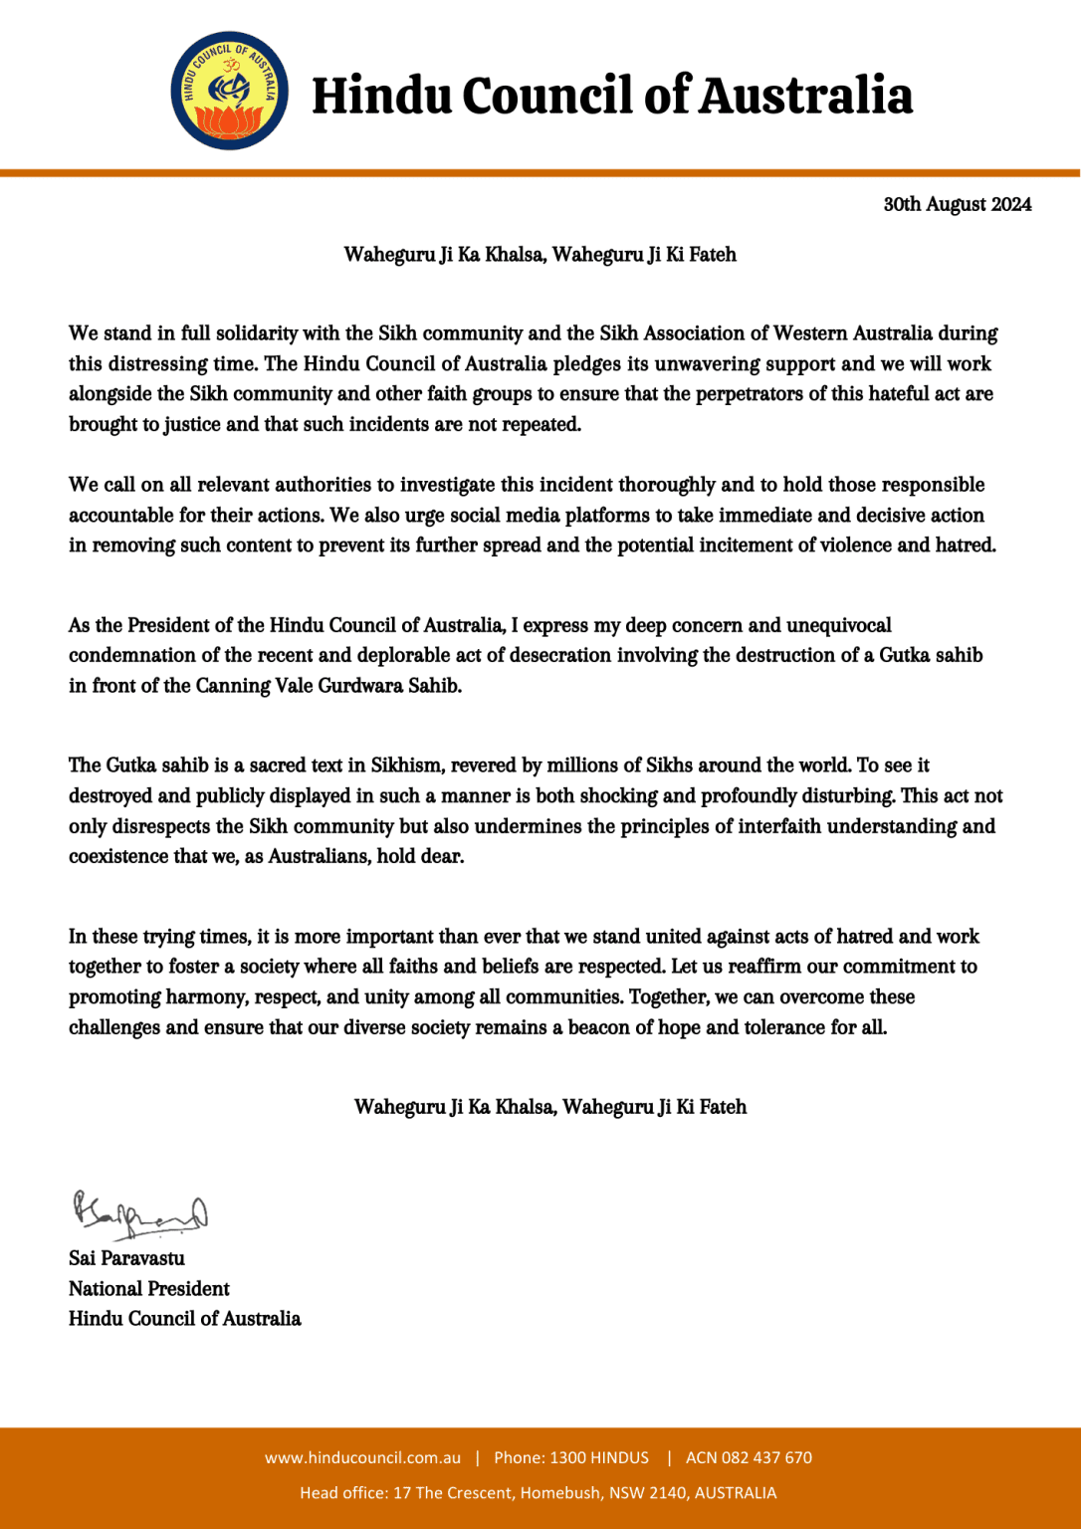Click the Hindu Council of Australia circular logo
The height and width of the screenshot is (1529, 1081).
pyautogui.click(x=230, y=91)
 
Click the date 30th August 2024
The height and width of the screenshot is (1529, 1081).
pyautogui.click(x=957, y=204)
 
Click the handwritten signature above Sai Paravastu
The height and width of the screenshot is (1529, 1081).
pyautogui.click(x=139, y=1213)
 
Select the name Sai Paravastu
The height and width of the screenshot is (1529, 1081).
pyautogui.click(x=126, y=1258)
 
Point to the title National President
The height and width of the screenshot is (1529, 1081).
pyautogui.click(x=149, y=1288)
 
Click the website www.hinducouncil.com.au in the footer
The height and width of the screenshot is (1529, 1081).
pyautogui.click(x=362, y=1457)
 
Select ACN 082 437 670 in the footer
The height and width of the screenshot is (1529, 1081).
pyautogui.click(x=749, y=1457)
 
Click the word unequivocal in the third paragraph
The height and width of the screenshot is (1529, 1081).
pyautogui.click(x=838, y=625)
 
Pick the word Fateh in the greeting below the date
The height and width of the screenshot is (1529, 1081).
pyautogui.click(x=713, y=255)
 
